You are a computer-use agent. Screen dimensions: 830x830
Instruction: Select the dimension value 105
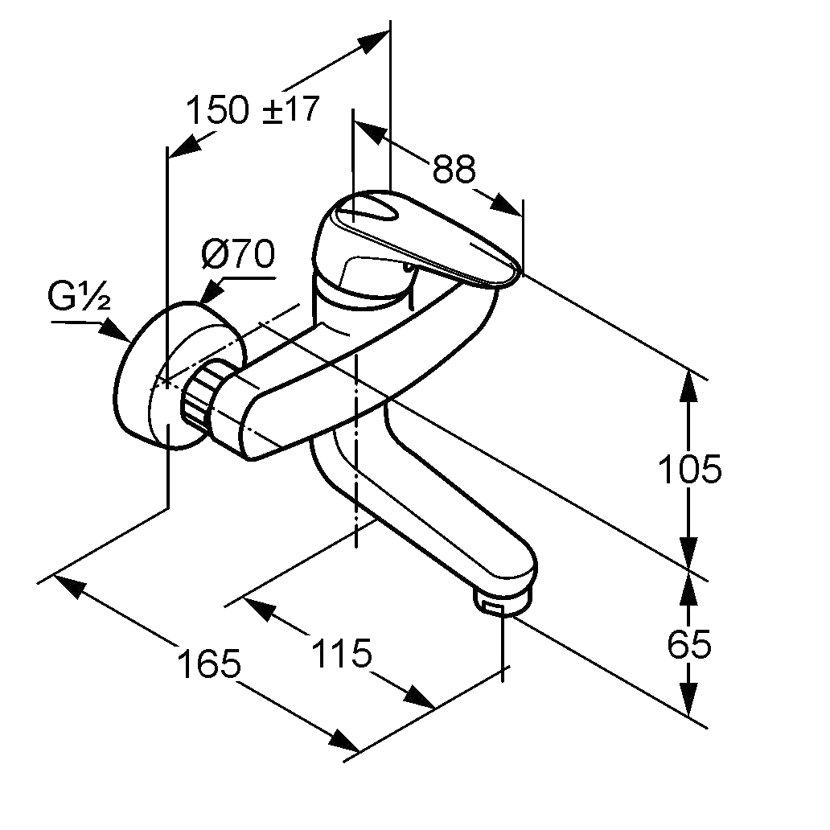pos(689,468)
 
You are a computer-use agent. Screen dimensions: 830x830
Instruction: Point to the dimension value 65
pos(689,643)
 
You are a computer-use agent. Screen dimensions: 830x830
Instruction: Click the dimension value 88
pos(454,169)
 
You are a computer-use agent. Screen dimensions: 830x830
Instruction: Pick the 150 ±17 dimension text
pos(253,109)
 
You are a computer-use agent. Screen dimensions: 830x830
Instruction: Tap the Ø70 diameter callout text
pos(239,257)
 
